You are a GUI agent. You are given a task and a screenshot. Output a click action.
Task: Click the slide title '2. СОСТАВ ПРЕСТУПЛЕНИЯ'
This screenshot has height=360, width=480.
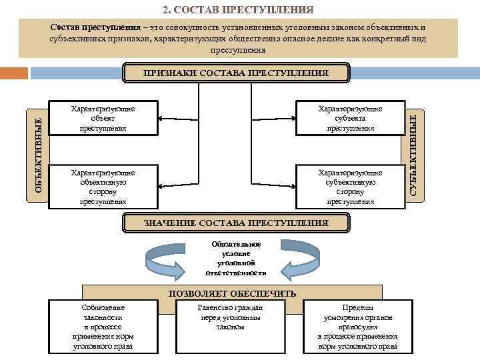(239, 9)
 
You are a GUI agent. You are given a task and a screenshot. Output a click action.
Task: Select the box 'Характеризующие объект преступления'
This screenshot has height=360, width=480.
(103, 117)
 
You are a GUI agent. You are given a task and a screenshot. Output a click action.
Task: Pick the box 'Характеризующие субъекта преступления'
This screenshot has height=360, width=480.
(350, 117)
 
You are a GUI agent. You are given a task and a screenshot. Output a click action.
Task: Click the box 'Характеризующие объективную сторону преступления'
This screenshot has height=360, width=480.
(103, 187)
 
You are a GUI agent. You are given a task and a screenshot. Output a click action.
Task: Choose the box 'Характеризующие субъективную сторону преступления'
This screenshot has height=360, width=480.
(350, 187)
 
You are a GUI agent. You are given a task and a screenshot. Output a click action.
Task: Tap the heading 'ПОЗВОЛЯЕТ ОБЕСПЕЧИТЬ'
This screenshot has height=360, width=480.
(233, 293)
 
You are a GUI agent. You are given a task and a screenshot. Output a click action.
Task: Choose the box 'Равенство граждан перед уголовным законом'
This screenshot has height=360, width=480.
(231, 317)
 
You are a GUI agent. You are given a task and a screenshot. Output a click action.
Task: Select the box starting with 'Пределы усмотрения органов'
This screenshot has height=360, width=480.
(357, 327)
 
